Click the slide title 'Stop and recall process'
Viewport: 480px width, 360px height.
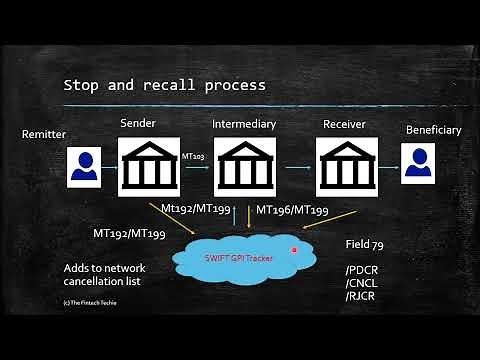(164, 85)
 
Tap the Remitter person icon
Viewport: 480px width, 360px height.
(84, 167)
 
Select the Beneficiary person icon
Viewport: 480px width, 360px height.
(419, 167)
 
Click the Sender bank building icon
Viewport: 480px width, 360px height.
(149, 167)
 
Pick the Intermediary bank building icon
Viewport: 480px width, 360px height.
(245, 167)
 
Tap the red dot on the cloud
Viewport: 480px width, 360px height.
(294, 249)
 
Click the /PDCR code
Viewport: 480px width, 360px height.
(362, 271)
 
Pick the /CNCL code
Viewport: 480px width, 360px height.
(361, 283)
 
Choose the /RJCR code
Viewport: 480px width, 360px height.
(361, 296)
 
